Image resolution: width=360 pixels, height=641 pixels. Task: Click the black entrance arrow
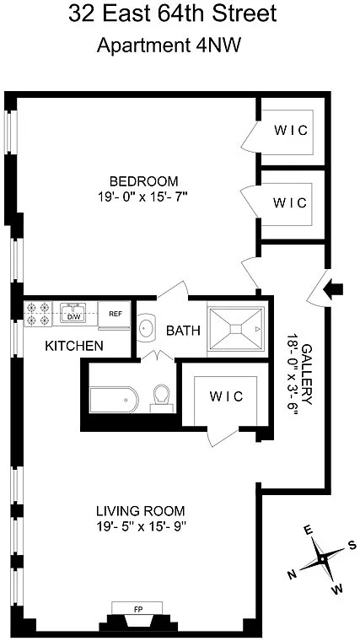pos(333,289)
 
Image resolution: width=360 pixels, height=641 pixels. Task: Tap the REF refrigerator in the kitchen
pos(114,315)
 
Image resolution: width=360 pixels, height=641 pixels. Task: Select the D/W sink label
pos(73,316)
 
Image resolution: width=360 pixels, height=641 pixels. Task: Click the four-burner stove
pos(39,314)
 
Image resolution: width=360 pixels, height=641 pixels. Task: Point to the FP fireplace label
pos(137,608)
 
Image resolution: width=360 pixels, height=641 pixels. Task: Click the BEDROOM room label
pos(144,180)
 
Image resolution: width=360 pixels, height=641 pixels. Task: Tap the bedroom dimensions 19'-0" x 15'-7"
pos(142,197)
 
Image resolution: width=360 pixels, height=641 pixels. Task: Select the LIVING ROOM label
pos(141,510)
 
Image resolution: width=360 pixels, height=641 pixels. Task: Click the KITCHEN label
pos(74,347)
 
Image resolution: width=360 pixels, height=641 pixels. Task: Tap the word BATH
pos(184,331)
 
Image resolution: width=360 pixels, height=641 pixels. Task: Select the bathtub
pos(114,400)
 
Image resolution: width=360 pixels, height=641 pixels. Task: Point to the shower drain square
pos(236,329)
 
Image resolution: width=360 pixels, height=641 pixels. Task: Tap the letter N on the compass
pos(293,574)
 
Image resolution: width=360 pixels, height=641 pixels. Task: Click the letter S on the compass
pos(351,546)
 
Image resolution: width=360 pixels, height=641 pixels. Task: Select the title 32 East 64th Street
pos(173,14)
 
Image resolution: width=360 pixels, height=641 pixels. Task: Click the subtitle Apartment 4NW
pos(169,46)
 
